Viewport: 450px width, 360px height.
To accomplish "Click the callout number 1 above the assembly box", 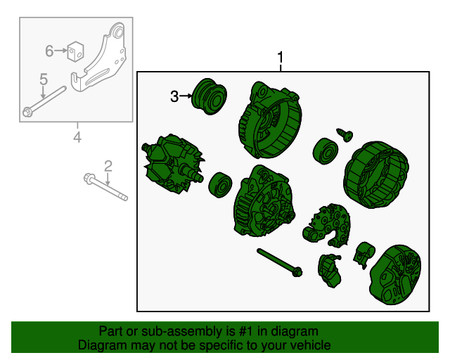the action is tap(281, 58).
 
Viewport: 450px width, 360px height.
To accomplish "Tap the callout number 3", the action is tap(174, 97).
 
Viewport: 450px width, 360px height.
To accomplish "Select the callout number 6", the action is tap(49, 51).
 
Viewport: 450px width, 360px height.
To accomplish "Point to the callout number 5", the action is tap(44, 79).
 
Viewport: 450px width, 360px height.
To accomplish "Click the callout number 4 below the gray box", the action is tap(77, 137).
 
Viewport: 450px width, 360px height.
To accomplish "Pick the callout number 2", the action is tap(108, 166).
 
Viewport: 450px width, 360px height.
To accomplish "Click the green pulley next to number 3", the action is tap(210, 96).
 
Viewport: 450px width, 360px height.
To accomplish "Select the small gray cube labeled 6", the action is tap(75, 51).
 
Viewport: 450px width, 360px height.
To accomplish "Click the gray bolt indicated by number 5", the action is tap(44, 101).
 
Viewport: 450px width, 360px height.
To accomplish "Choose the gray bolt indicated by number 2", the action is tap(105, 187).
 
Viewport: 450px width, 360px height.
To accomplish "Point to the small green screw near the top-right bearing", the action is tap(345, 135).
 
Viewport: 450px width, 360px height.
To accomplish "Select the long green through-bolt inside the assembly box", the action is tap(280, 263).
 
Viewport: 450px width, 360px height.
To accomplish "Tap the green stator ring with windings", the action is tap(376, 174).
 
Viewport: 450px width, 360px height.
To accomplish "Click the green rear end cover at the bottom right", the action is tap(395, 275).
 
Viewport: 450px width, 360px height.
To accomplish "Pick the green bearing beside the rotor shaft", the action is tap(220, 185).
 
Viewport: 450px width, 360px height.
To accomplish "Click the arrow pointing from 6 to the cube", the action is tap(60, 51).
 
